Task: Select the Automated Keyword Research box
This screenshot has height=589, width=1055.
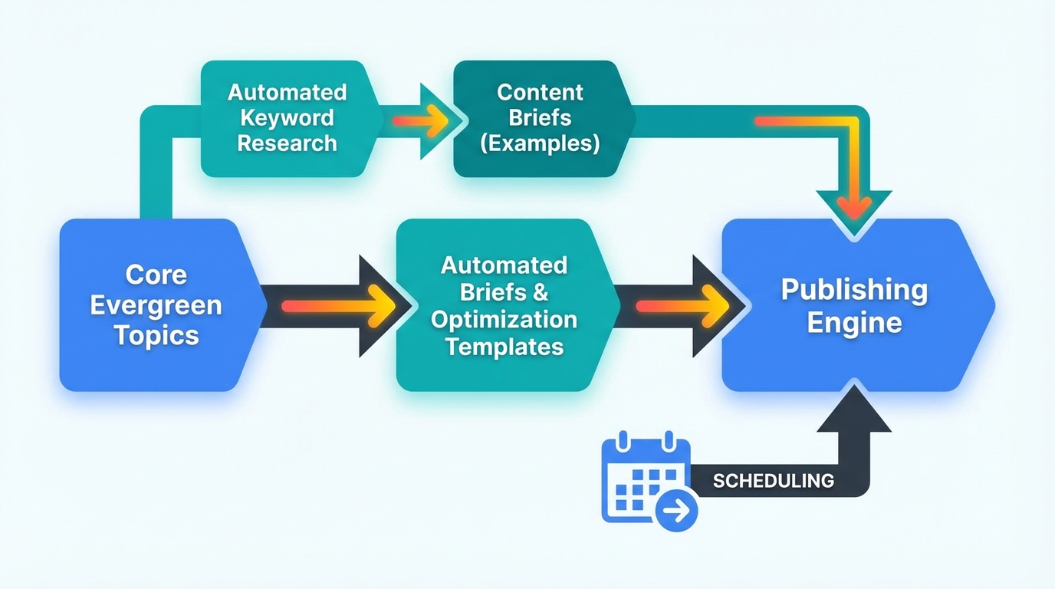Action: click(x=288, y=118)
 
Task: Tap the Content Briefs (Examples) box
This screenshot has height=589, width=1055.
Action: click(x=540, y=118)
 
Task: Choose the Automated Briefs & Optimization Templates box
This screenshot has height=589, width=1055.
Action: click(x=504, y=305)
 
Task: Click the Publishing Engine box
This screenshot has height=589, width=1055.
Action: click(x=854, y=305)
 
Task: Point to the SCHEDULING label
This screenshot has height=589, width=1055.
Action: click(x=773, y=481)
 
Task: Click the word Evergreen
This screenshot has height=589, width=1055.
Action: click(x=156, y=304)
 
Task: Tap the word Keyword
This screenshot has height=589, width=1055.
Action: click(x=287, y=118)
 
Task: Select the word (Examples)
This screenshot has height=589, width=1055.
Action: click(x=540, y=143)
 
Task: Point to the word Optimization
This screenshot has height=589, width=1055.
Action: click(x=504, y=319)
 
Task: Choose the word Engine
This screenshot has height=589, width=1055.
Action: click(x=854, y=322)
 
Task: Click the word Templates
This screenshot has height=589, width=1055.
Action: click(x=504, y=346)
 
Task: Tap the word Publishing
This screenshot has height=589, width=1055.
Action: click(x=854, y=290)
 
